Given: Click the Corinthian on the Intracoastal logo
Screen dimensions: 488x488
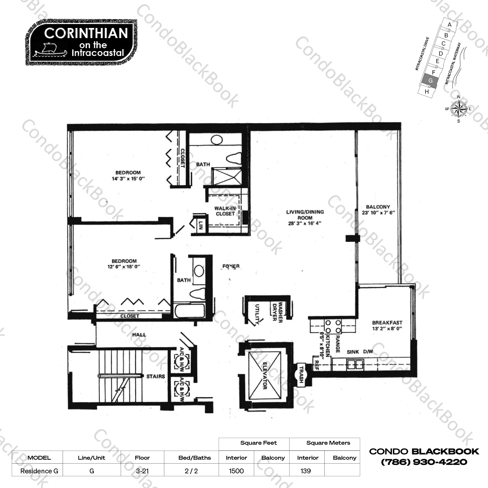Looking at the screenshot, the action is click(81, 42).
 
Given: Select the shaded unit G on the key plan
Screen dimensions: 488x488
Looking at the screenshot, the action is click(430, 80).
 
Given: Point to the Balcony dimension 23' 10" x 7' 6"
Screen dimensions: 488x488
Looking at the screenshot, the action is click(378, 213).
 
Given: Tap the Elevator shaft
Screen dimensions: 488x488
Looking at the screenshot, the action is click(265, 375).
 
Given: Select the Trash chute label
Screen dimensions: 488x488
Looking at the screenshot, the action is click(301, 374).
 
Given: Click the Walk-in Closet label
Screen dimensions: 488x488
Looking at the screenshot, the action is click(225, 211).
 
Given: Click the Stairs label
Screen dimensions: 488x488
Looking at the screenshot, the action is click(156, 376).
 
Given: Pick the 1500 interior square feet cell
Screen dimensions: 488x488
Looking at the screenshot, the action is click(236, 471).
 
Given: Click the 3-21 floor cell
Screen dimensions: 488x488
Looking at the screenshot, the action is click(142, 471).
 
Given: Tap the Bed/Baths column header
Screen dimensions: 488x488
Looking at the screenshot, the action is click(195, 458).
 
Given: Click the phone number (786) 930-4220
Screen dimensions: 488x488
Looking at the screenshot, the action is click(424, 462).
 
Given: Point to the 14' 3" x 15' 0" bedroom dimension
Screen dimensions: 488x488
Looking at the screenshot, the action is click(128, 179).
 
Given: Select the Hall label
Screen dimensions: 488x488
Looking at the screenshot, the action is click(139, 334).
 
